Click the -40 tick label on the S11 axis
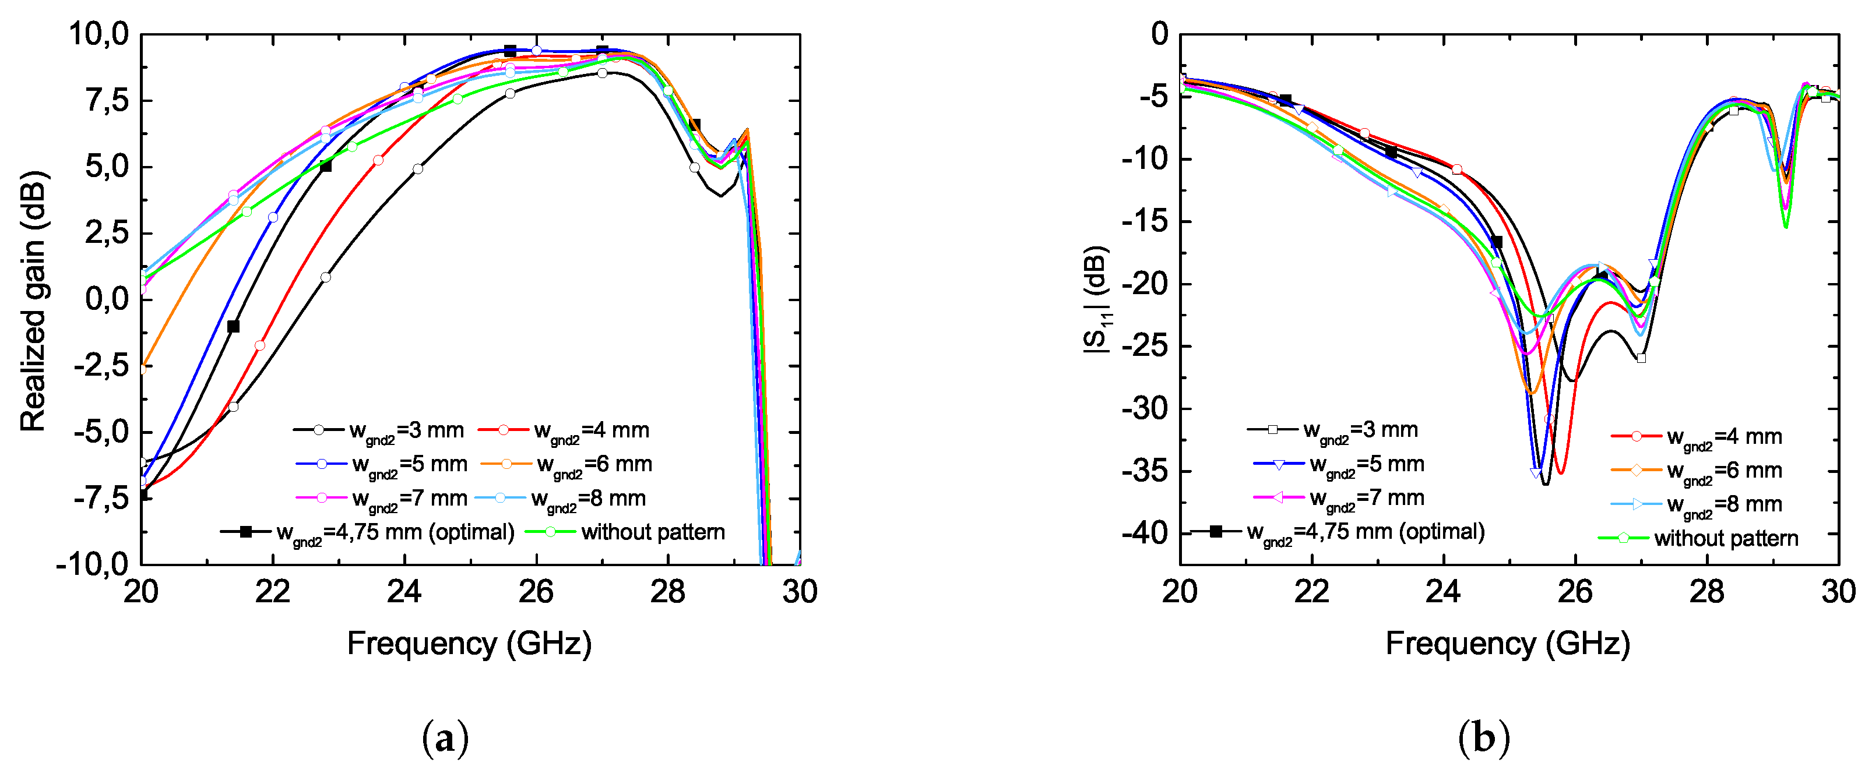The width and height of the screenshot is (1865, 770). click(1145, 534)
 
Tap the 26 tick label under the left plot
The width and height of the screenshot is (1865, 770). click(536, 592)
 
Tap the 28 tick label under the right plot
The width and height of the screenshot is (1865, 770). click(1707, 592)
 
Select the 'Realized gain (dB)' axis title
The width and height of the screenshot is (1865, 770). click(33, 301)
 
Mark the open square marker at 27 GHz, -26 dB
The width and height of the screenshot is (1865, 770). click(1641, 358)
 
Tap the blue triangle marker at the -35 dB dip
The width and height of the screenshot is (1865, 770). click(1536, 472)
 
